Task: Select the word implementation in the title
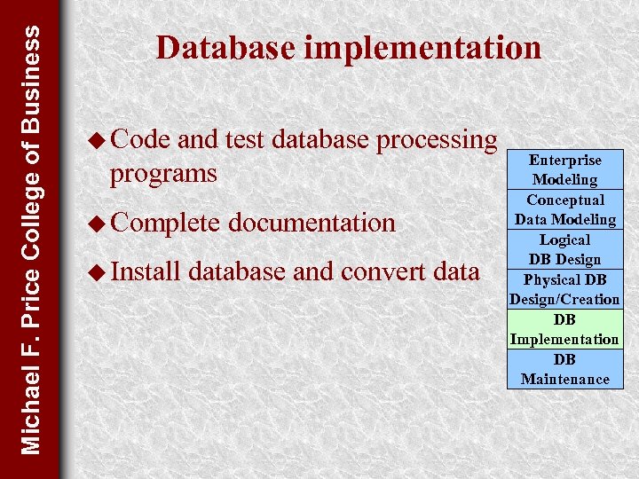[422, 49]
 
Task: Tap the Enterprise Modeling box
[565, 169]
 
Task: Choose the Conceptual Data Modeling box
[565, 209]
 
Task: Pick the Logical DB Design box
[565, 249]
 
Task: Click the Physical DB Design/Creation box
[565, 289]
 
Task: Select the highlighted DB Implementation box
[565, 329]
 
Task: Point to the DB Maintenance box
[565, 369]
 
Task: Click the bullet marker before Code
[98, 140]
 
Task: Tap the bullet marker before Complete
[98, 223]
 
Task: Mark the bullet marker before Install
[98, 271]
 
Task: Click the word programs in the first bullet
[162, 174]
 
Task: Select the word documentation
[312, 223]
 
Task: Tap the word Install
[146, 271]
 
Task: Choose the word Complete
[165, 224]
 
